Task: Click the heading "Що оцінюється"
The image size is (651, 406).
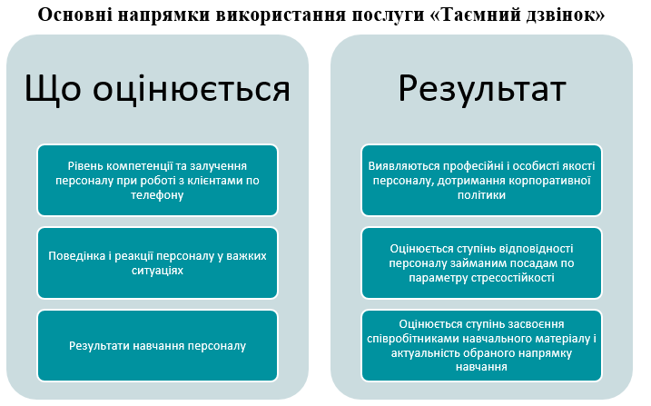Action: [x=157, y=90]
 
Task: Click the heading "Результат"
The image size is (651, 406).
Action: [x=482, y=90]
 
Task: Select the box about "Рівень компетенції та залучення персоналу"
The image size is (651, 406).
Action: [x=157, y=180]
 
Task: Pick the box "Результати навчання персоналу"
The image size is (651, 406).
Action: [x=157, y=345]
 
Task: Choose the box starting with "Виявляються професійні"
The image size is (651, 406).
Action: [x=482, y=180]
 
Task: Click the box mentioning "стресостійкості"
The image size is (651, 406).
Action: [x=482, y=262]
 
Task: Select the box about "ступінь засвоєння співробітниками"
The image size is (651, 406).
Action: [x=482, y=345]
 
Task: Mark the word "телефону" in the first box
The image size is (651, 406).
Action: [x=157, y=195]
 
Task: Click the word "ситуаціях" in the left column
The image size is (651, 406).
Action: [x=157, y=271]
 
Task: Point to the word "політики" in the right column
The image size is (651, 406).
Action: [x=482, y=195]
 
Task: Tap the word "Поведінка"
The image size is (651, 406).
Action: [x=79, y=255]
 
